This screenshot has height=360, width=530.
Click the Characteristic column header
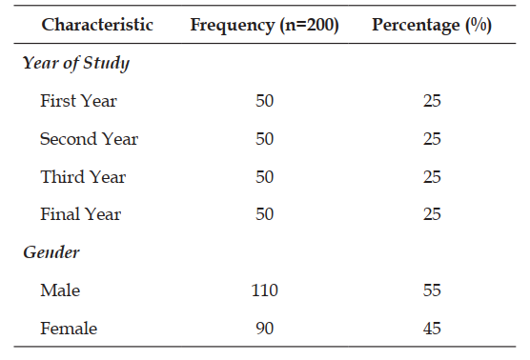tap(97, 25)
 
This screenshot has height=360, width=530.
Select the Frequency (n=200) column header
tap(264, 26)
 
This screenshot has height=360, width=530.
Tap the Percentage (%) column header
tap(432, 26)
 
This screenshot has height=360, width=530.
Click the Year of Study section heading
tap(76, 63)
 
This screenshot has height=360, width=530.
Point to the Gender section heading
tap(51, 252)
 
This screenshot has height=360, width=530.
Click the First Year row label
tap(79, 101)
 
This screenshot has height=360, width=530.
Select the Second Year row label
tap(90, 139)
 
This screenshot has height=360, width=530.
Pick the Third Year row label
tap(83, 176)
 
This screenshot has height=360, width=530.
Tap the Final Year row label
tap(81, 214)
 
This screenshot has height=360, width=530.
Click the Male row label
tap(60, 290)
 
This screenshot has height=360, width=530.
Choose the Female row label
tap(69, 329)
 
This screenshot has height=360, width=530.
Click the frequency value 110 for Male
tap(265, 290)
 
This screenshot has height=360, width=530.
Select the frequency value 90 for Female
tap(265, 329)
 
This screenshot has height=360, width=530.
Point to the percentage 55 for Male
tap(432, 290)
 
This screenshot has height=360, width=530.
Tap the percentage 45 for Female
tap(432, 329)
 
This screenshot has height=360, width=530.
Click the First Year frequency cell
tap(265, 101)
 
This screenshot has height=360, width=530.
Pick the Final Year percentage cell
tap(432, 214)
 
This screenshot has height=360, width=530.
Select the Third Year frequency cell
tap(265, 177)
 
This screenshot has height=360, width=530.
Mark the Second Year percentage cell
tap(432, 139)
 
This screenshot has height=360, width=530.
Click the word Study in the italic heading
tap(107, 63)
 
